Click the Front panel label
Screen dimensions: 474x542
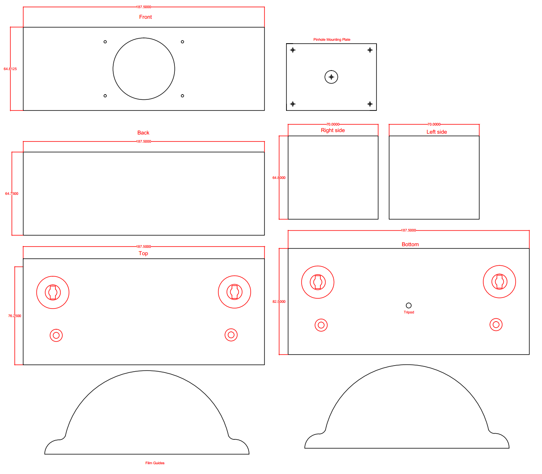(145, 17)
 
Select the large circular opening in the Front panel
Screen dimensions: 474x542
(144, 69)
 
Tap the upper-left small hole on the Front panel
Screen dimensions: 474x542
(105, 42)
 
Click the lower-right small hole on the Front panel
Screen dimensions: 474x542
(182, 96)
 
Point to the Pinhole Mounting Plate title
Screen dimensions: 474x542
(332, 40)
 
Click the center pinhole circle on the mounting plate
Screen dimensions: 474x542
(331, 77)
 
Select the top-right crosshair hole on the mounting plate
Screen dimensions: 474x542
(370, 50)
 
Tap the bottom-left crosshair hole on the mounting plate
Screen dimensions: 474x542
(293, 104)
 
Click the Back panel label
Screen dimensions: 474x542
(143, 133)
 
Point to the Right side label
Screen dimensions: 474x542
(333, 130)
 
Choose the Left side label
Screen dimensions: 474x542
(436, 132)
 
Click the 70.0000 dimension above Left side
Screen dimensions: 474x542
(434, 124)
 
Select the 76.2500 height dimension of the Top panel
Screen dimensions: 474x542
(15, 316)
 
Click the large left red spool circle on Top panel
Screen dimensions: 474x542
(53, 292)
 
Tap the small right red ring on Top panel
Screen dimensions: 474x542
(231, 335)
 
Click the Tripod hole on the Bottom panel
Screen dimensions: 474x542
(409, 305)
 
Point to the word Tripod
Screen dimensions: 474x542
(409, 312)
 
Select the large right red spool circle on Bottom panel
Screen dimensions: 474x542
(499, 282)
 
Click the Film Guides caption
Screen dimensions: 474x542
(155, 463)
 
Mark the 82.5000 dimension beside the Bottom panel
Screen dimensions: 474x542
(279, 302)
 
